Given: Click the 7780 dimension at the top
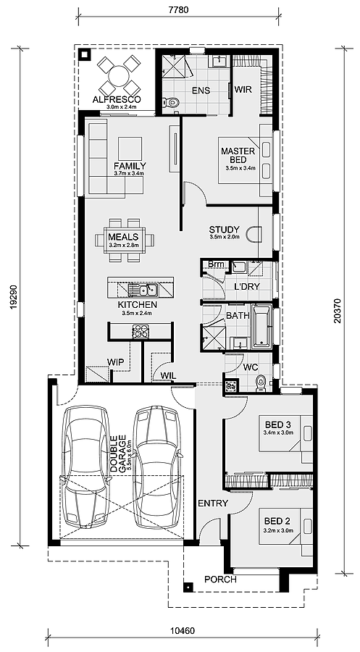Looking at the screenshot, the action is [179, 9].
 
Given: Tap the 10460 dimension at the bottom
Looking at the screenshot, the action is [182, 630].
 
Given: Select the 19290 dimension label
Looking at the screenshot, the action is [14, 297].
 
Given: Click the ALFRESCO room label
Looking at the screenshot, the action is [117, 100].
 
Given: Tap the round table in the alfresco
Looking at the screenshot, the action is [119, 76].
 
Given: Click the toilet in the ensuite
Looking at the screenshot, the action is [171, 101].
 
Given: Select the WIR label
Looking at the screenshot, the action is [243, 89].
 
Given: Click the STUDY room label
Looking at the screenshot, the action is [224, 230].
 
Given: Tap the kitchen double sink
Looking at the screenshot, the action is [143, 288].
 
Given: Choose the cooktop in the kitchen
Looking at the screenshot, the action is [140, 331].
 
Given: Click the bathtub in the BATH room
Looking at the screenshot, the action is [261, 327].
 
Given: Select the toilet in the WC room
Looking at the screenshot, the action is [261, 382].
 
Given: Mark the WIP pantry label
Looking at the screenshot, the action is [115, 362].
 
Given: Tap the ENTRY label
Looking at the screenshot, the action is [213, 503].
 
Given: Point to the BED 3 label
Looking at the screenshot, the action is [277, 425].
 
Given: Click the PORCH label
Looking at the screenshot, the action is [220, 580].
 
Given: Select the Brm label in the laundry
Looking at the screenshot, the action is [216, 264].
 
